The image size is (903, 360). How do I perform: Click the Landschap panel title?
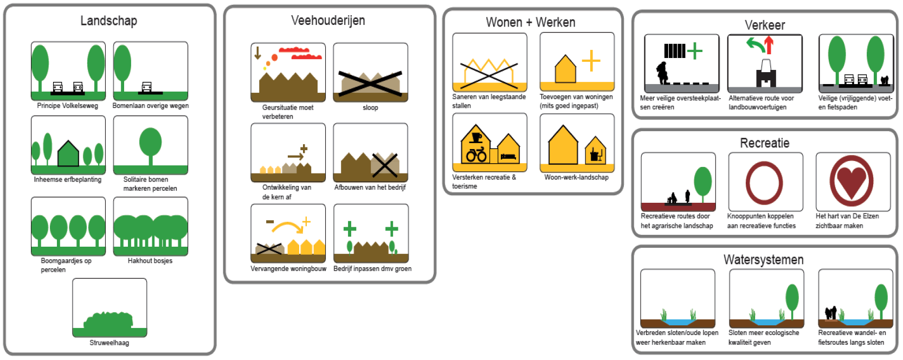109,21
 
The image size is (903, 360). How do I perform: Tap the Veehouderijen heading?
328,20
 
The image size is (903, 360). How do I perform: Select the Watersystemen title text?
764,260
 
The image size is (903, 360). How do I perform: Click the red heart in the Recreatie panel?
852,182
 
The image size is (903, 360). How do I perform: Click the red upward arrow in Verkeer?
769,45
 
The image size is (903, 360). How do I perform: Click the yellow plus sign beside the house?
591,61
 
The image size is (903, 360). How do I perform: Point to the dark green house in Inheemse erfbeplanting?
68,154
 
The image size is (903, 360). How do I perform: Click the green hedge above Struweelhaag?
108,320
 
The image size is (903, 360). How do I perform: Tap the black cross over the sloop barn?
370,83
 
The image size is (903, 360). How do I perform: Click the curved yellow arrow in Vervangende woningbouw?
287,227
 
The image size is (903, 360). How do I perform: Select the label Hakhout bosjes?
150,261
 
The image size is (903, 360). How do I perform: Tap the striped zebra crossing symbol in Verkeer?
674,51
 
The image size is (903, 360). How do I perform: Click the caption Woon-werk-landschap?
577,177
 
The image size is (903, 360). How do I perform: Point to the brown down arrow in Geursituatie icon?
257,53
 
